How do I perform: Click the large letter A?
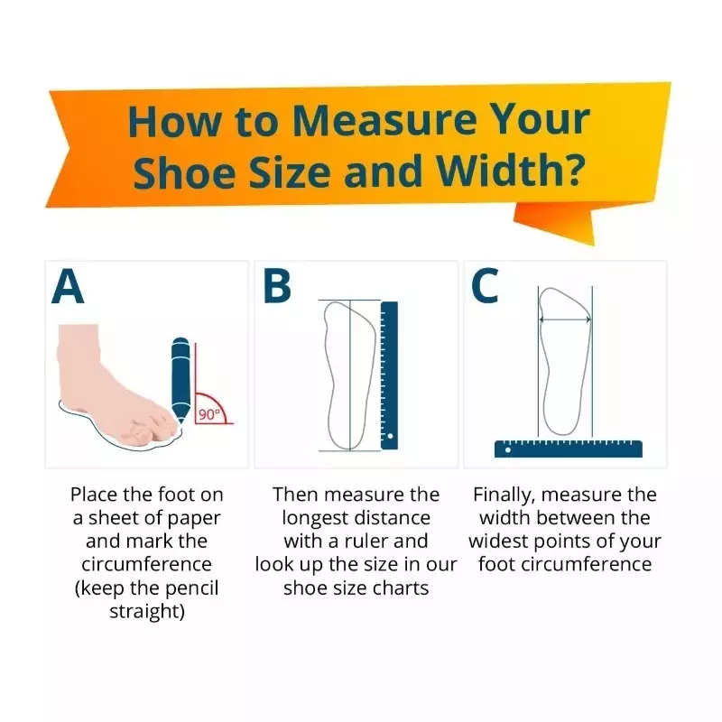68,286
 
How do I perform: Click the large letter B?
277,286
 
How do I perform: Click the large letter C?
485,286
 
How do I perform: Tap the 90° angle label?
208,414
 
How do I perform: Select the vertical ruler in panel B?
389,375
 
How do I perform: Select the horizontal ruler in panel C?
569,449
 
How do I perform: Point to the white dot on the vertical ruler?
391,436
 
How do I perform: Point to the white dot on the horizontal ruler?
507,449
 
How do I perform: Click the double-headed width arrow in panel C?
565,319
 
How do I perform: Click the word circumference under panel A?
146,564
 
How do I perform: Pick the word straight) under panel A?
147,612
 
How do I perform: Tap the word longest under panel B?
319,519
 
